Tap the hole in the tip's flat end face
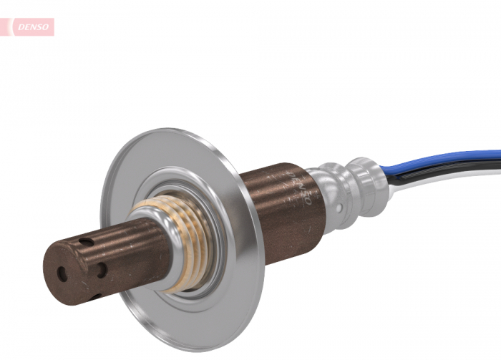62,273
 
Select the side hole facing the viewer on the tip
102,270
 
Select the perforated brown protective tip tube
107,258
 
